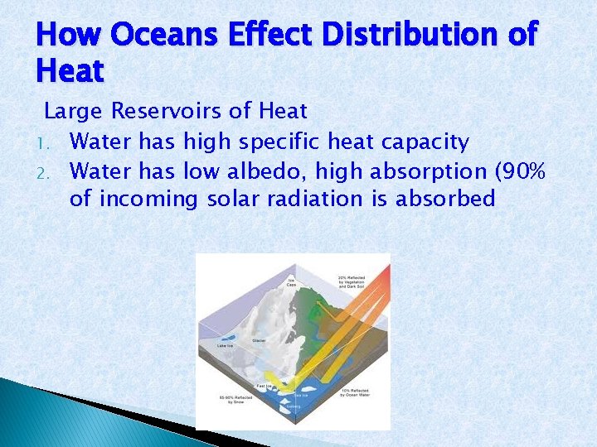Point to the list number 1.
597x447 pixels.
[51, 143]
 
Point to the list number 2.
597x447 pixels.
[51, 171]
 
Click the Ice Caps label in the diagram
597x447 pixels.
[291, 282]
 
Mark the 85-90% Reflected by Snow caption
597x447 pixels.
[230, 401]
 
